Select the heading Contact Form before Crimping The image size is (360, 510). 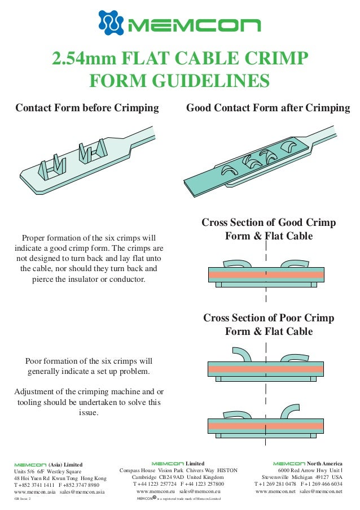point(87,108)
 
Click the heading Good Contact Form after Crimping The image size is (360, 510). point(268,108)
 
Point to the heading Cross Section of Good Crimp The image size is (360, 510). point(269,223)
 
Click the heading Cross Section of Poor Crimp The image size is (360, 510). point(269,318)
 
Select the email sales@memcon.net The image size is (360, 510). point(321,491)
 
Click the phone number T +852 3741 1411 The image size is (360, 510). point(34,485)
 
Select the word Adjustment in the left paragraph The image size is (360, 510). point(37,391)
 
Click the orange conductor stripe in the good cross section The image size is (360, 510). point(266,274)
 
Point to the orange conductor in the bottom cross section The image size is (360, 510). point(266,426)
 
